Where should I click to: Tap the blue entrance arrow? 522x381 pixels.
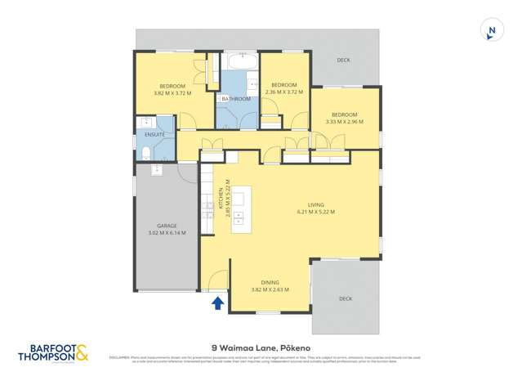(217, 303)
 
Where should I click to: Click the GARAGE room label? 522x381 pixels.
(167, 226)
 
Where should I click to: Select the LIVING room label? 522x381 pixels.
(316, 204)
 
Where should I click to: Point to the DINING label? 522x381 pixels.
(269, 281)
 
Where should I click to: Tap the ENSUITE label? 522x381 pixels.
(154, 134)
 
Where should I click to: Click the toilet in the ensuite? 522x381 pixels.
(145, 153)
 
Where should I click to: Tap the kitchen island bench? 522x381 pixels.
(241, 210)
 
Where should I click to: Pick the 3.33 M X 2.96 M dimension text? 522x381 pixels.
(343, 122)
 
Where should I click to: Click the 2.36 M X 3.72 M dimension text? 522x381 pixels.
(283, 92)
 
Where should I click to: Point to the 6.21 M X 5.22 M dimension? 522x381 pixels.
(316, 212)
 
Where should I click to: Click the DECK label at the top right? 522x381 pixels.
(343, 60)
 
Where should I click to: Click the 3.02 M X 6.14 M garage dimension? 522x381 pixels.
(167, 233)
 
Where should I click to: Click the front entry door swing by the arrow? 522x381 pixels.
(216, 282)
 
